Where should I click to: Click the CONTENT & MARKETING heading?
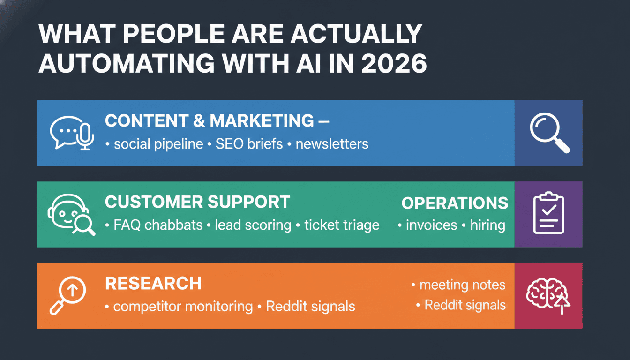210,121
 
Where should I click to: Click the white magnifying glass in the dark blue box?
549,133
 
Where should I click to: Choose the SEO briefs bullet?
249,143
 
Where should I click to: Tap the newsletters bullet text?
332,143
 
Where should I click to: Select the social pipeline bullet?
158,143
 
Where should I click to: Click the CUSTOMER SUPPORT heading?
197,202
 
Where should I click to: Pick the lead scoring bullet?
253,225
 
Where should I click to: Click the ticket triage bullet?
342,225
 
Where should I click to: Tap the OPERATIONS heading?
455,203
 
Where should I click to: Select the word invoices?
431,225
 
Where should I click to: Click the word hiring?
487,225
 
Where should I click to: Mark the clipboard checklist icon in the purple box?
548,214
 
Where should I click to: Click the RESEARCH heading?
153,284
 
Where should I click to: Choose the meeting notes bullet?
462,285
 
